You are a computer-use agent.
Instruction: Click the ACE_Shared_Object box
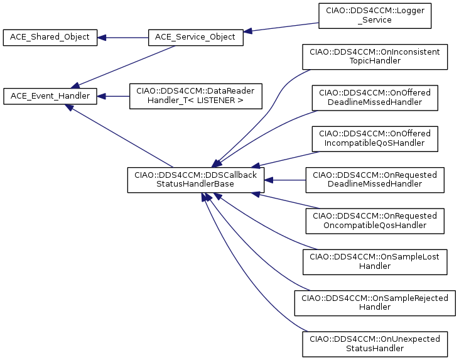pos(50,38)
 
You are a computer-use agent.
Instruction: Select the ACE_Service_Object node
pos(195,38)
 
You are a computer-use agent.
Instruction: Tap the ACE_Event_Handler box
pos(50,96)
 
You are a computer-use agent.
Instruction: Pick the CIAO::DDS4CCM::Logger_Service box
pos(375,16)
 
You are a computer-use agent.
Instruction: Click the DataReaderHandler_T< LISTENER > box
pos(195,96)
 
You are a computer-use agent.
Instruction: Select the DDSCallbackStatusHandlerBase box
pos(195,180)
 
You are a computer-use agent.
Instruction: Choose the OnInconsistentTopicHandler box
pos(375,57)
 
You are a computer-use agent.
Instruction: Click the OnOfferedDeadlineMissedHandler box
pos(375,98)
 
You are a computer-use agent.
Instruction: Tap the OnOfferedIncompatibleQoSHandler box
pos(375,139)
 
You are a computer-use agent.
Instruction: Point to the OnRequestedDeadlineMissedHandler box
pos(375,180)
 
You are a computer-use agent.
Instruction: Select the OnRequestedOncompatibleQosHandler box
pos(375,221)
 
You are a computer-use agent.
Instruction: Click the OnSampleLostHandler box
pos(375,262)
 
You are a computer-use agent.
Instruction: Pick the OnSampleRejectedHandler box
pos(375,303)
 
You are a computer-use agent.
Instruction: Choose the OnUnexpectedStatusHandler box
pos(375,344)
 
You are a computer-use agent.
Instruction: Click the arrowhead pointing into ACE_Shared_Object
pos(101,38)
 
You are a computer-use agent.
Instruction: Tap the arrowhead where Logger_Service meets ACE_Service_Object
pos(247,31)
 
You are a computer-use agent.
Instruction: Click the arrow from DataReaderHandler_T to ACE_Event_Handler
pos(113,96)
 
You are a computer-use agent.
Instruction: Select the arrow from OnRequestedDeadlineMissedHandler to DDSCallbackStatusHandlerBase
pos(285,180)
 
